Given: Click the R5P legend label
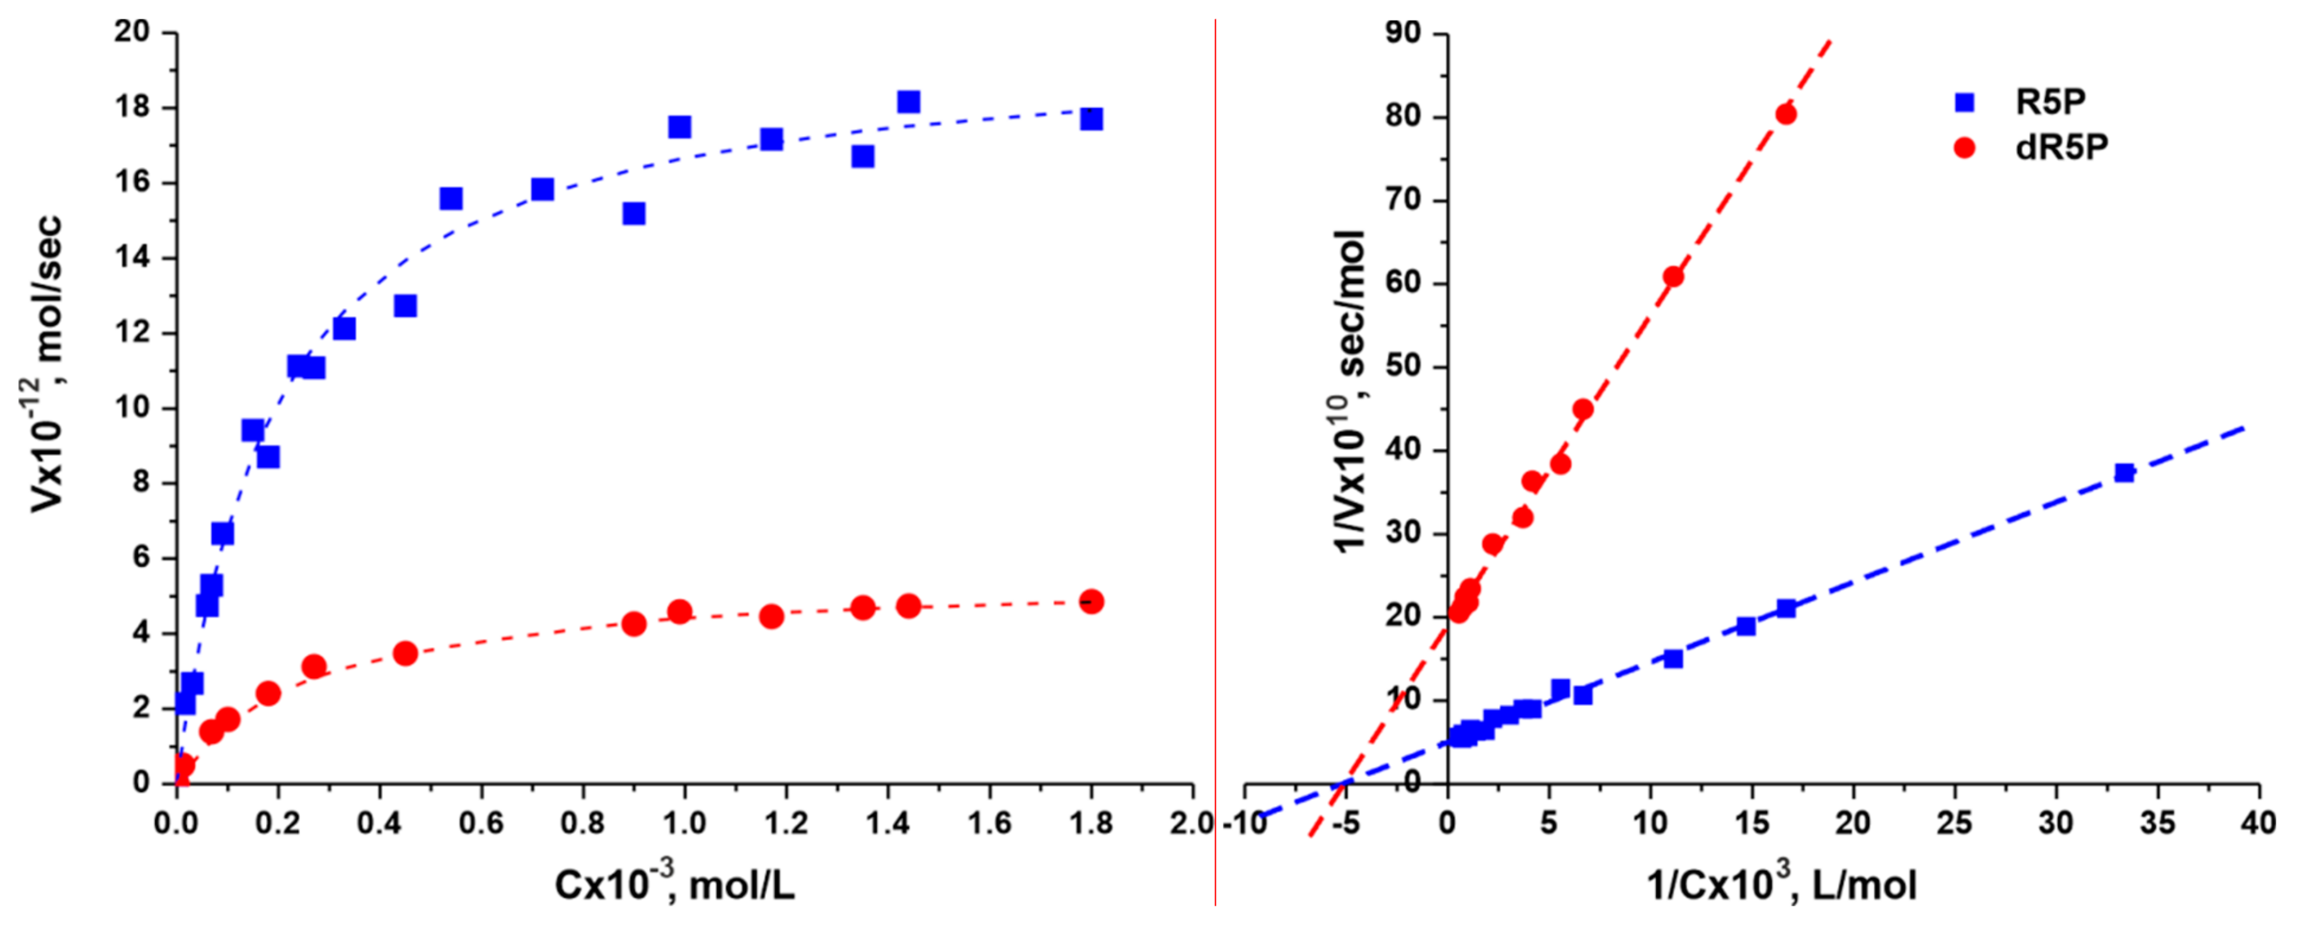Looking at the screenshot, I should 2050,102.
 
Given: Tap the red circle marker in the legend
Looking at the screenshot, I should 1964,147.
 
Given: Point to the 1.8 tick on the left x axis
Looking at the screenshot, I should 1091,822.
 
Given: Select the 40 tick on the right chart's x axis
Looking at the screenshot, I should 2258,822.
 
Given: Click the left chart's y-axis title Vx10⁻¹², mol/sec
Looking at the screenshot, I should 45,364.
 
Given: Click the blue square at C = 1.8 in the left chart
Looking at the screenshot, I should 1091,118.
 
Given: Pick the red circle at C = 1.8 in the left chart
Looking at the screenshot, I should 1091,601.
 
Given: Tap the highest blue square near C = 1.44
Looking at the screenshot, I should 909,102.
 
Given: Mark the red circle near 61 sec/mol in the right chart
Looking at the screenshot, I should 1673,277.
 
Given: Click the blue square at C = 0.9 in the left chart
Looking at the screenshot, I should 633,214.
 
